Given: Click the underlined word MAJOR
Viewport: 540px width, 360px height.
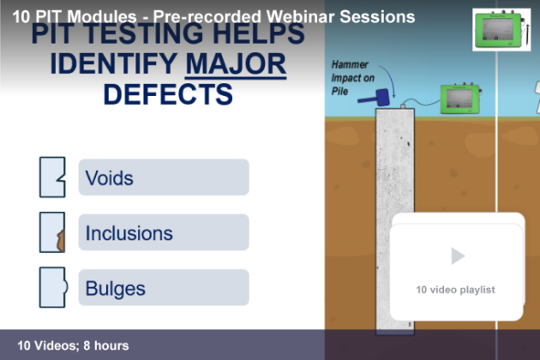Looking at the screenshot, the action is coord(236,64).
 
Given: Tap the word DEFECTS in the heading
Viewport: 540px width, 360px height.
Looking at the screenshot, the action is coord(168,94).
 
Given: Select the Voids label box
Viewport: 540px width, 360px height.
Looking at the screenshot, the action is coord(164,177).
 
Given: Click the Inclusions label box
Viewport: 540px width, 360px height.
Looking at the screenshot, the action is coord(164,232).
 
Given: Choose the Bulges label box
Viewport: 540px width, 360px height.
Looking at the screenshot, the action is coord(164,287).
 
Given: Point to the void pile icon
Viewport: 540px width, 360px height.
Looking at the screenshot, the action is coord(52,177).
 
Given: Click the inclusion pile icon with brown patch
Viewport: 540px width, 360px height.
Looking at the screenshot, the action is coord(52,232).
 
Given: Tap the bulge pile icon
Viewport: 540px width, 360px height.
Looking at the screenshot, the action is coord(53,287).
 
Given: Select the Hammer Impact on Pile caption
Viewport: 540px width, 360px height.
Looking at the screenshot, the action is coord(352,78).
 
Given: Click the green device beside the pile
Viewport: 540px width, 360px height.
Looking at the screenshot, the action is coord(460,99).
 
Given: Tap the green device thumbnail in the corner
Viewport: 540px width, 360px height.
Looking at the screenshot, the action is coord(501,30).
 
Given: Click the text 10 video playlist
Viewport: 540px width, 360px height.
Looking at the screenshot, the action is coord(455,290).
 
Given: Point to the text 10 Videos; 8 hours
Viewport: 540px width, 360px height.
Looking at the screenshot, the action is coord(73,345).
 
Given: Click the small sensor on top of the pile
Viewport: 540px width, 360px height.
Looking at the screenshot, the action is coord(403,106).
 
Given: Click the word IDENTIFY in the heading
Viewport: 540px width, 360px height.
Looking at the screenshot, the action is coord(114,64).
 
